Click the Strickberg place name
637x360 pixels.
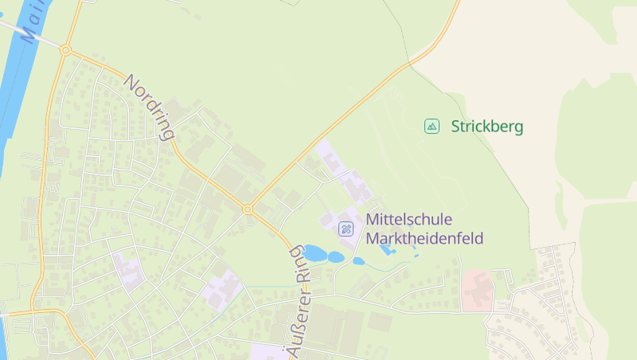487,126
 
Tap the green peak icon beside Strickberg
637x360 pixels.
432,126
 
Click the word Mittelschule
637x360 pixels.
408,219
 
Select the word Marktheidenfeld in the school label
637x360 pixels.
424,238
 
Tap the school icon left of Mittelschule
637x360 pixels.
346,229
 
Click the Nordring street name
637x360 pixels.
150,108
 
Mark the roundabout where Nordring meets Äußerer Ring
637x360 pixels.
248,209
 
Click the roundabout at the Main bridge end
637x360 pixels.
65,50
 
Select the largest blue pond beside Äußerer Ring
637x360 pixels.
315,253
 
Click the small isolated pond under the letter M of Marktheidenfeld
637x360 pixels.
358,260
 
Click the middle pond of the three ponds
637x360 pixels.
336,257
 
